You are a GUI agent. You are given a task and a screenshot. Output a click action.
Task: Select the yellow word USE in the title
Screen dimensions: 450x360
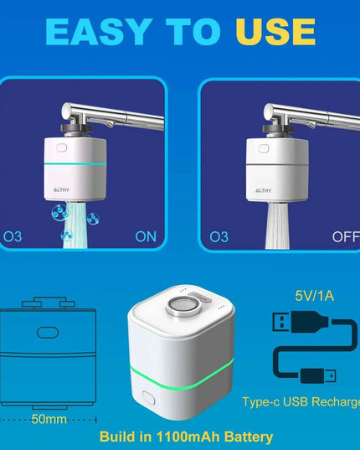(275, 32)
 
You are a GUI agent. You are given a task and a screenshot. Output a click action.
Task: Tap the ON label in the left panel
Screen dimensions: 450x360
(146, 236)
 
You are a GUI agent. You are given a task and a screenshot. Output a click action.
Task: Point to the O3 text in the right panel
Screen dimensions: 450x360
(219, 236)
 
